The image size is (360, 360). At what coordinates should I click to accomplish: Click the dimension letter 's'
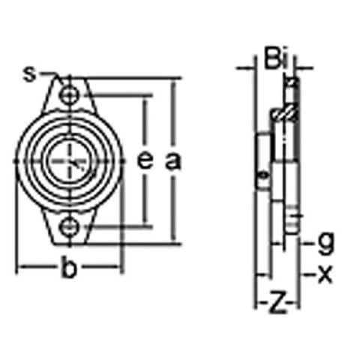(x=29, y=73)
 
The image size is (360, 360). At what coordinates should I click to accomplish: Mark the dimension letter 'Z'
(x=277, y=304)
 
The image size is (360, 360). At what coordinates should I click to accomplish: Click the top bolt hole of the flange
(x=70, y=96)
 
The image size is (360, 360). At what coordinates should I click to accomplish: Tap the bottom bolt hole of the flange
(x=70, y=224)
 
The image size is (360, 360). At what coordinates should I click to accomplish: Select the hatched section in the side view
(x=283, y=114)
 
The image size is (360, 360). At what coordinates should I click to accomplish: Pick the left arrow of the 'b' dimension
(x=22, y=268)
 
